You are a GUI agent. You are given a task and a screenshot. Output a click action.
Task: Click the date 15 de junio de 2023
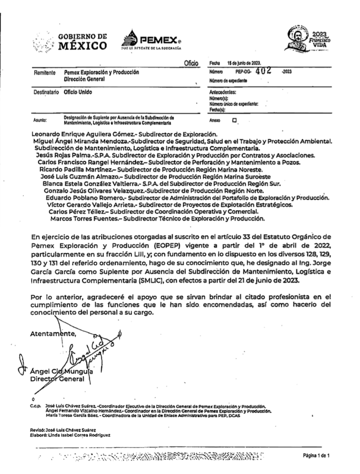coord(247,63)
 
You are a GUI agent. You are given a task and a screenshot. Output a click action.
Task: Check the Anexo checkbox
coord(235,120)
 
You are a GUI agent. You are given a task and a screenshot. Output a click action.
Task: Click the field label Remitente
coord(45,73)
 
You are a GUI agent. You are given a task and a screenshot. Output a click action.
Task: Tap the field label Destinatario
coord(46,92)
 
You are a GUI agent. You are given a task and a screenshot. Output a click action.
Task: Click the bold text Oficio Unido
coord(78,92)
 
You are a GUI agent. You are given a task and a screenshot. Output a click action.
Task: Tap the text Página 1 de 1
coord(317,455)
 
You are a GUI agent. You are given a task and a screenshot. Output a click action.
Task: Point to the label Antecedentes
coord(223,92)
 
